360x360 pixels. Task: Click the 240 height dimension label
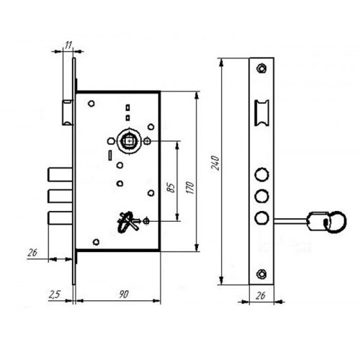[215, 163]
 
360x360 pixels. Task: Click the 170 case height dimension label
[190, 188]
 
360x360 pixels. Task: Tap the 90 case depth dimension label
[124, 294]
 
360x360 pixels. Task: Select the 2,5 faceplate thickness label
[55, 294]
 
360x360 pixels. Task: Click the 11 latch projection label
[68, 45]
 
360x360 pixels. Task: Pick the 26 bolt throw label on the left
[32, 253]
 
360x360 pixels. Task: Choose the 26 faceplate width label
[261, 296]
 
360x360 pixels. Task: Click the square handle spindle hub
[129, 141]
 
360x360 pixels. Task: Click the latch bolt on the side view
[68, 112]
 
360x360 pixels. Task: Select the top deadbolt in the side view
[60, 174]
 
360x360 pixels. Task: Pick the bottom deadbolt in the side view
[60, 218]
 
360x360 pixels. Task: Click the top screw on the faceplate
[261, 68]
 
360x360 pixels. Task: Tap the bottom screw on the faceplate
[261, 274]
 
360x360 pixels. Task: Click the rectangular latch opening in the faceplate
[261, 113]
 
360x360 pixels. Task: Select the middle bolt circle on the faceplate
[261, 197]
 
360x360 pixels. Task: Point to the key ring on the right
[335, 222]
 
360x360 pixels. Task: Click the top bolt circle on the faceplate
[261, 174]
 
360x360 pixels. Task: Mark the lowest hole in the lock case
[96, 242]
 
